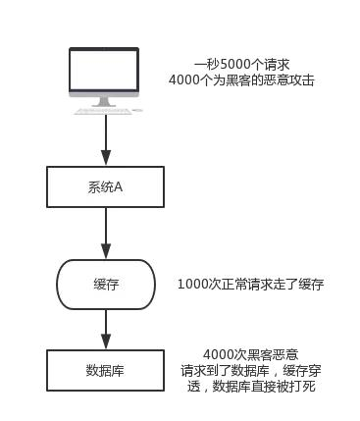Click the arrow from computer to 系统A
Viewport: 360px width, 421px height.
click(106, 137)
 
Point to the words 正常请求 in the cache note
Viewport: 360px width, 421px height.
click(243, 285)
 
